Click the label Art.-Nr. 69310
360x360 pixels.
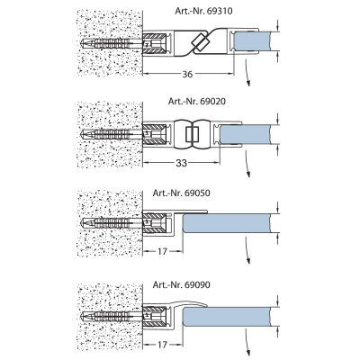click(203, 11)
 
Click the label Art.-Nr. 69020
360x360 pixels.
click(197, 101)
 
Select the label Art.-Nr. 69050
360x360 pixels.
click(182, 193)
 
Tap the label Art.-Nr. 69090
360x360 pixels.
click(182, 284)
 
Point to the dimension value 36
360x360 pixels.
click(187, 74)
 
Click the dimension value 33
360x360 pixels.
click(181, 163)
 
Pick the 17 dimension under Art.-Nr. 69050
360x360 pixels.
click(162, 251)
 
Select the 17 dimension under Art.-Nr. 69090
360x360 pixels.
click(162, 345)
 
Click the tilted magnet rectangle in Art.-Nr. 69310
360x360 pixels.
click(199, 42)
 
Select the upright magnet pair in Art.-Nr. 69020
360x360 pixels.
click(192, 134)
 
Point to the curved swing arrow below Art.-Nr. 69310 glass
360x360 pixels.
click(247, 73)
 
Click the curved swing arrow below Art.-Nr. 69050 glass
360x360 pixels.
click(247, 250)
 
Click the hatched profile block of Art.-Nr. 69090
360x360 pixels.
click(155, 316)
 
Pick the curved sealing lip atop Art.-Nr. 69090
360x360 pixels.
click(187, 303)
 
